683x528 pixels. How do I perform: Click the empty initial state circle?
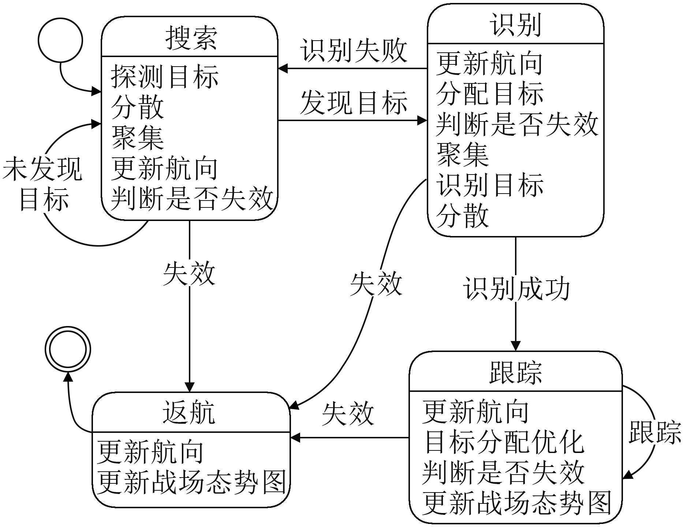[60, 40]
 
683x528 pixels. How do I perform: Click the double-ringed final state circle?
[68, 349]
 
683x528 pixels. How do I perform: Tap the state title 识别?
[515, 25]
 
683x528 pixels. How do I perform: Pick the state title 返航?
[189, 412]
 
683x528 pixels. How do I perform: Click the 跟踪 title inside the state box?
[515, 372]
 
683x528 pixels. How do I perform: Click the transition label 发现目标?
[354, 102]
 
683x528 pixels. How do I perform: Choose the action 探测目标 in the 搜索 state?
[165, 76]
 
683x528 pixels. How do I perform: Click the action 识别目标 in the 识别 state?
[490, 185]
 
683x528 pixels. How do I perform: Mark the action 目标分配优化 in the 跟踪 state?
[503, 442]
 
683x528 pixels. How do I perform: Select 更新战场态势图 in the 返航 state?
[191, 482]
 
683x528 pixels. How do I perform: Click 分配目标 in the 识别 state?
[490, 94]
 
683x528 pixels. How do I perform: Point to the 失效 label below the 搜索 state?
[189, 273]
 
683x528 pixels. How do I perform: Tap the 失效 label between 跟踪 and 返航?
[348, 414]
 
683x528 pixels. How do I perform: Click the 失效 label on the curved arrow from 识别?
[376, 284]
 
